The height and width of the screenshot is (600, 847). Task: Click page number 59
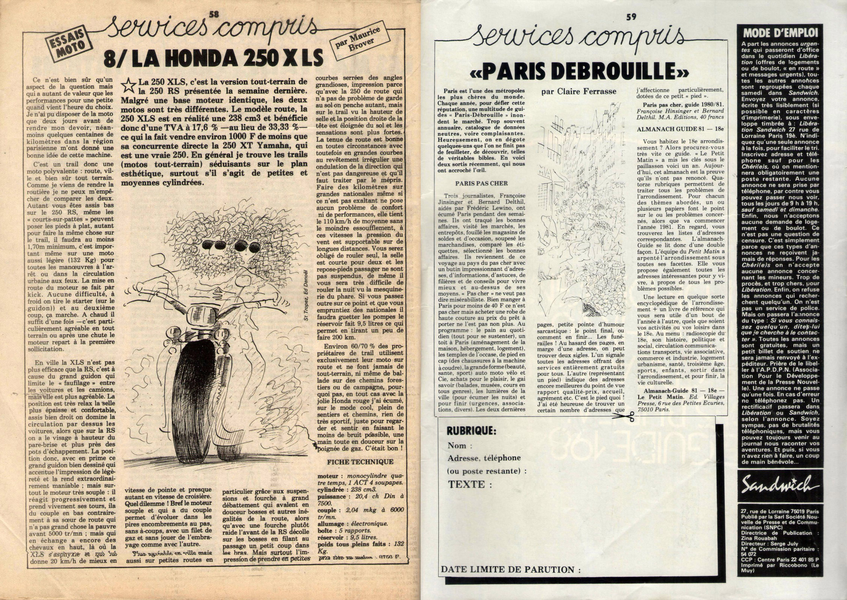(x=631, y=16)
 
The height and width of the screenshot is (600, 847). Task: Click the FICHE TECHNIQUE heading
(x=360, y=462)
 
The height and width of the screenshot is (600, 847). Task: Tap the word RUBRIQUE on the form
(x=471, y=431)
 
